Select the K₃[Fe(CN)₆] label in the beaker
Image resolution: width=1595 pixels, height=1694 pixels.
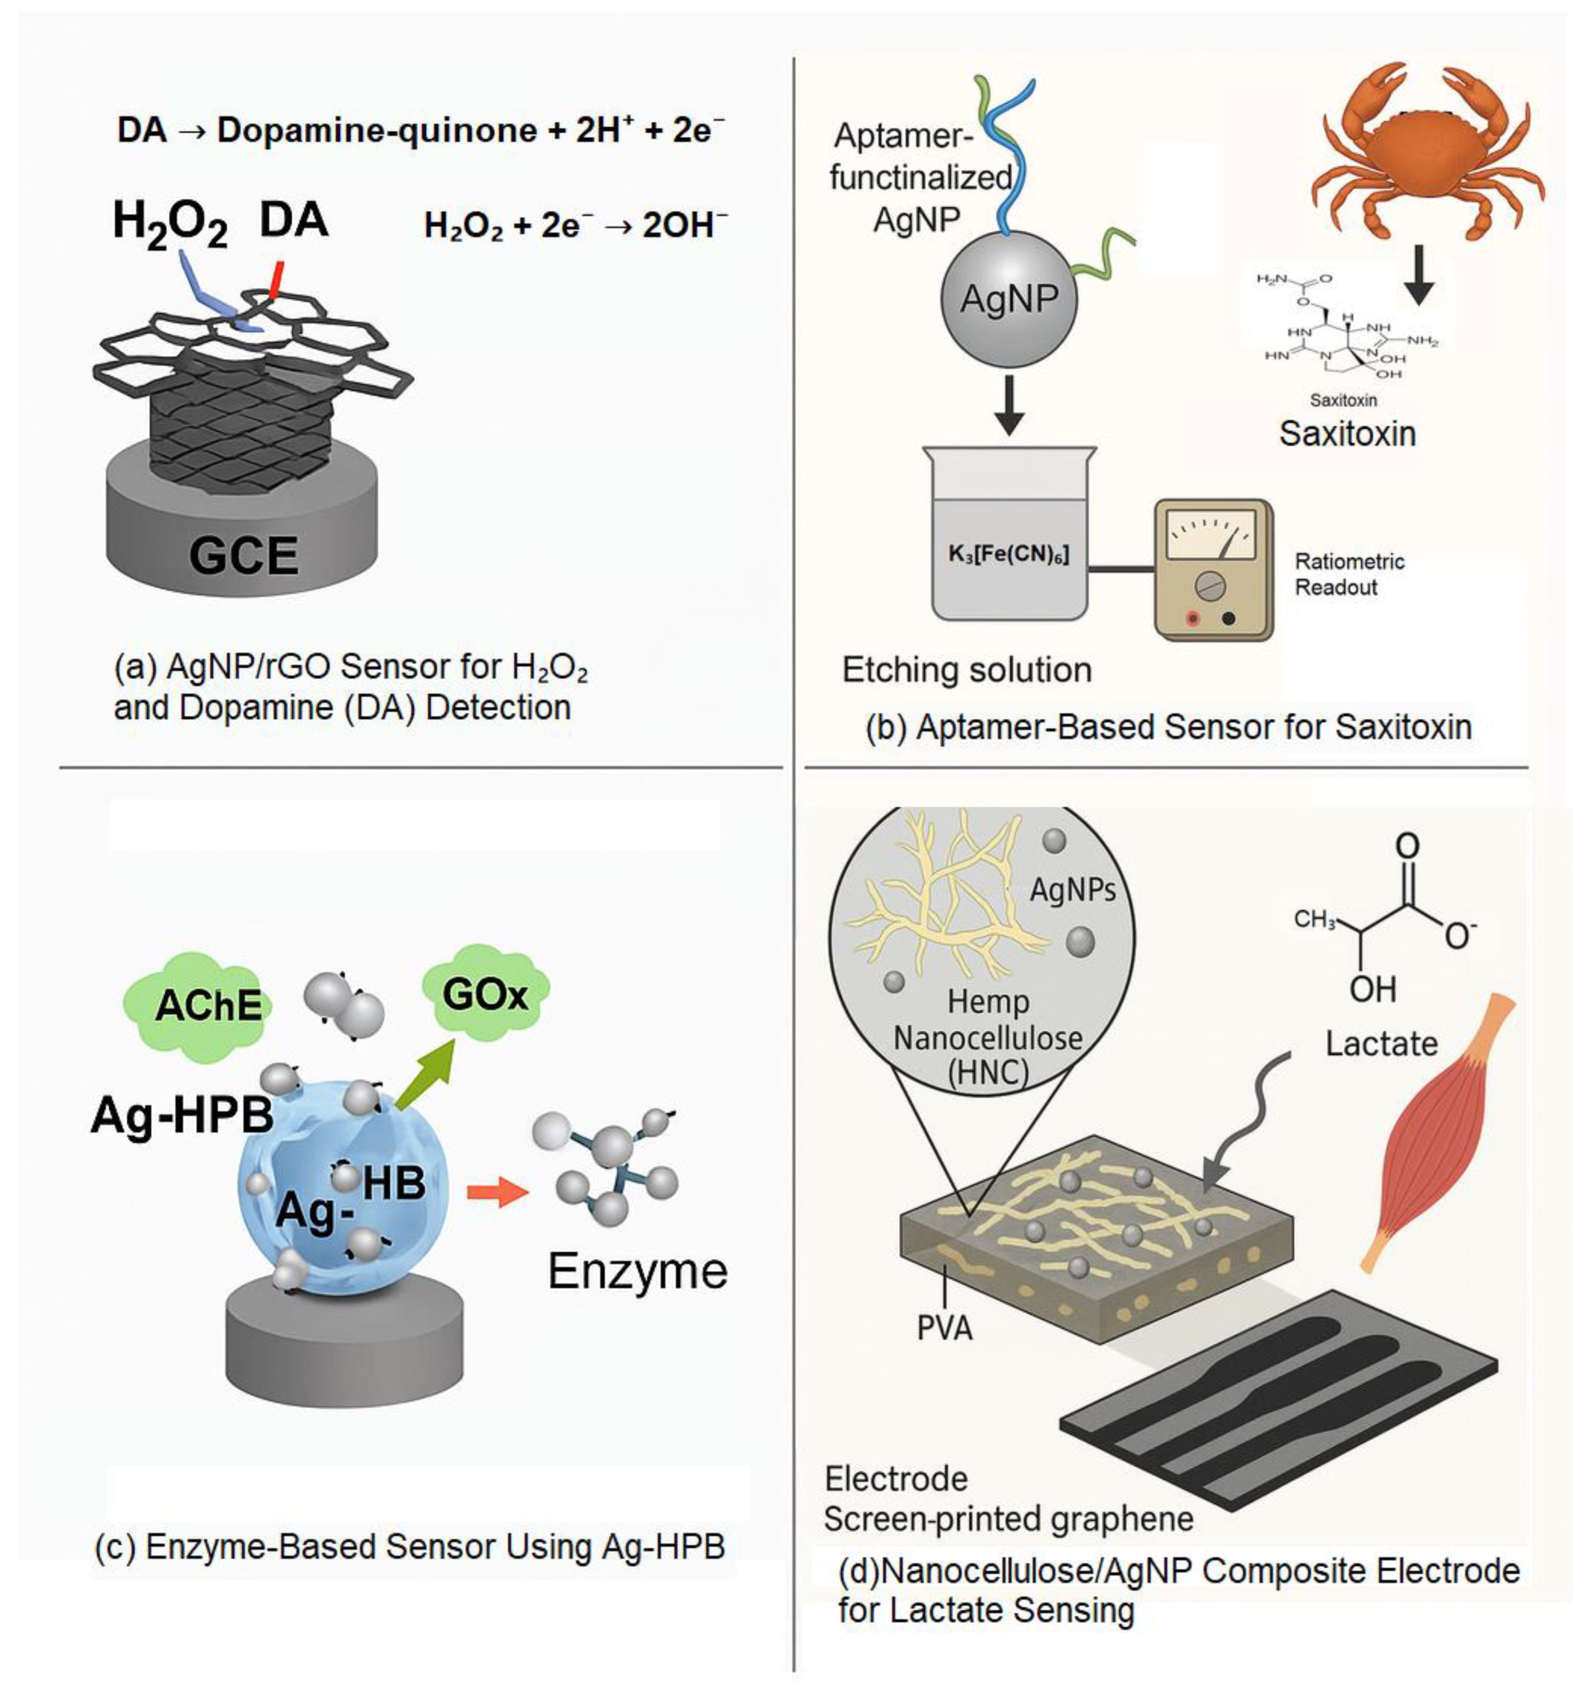pyautogui.click(x=1009, y=554)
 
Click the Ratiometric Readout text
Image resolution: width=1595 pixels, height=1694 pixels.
pyautogui.click(x=1349, y=574)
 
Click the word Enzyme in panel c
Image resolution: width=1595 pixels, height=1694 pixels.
pyautogui.click(x=637, y=1271)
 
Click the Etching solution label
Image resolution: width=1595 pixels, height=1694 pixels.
pyautogui.click(x=966, y=670)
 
